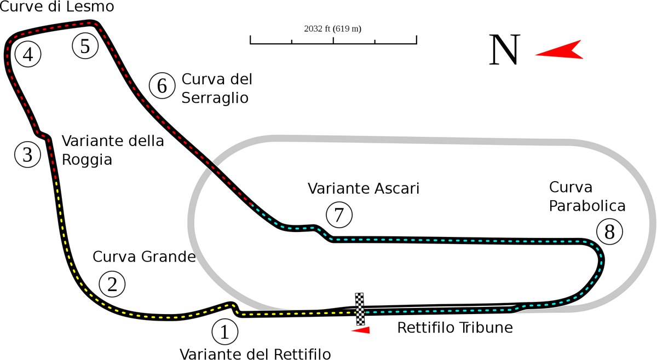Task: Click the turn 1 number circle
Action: click(224, 332)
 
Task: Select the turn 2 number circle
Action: click(112, 284)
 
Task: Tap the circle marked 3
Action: click(28, 155)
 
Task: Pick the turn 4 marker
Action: click(28, 54)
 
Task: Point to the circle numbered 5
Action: click(85, 45)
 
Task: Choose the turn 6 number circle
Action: click(162, 86)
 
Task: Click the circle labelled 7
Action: click(339, 215)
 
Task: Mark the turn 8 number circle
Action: click(609, 233)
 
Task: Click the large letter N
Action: click(504, 50)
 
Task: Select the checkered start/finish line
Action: click(360, 310)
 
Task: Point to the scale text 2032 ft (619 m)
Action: click(333, 28)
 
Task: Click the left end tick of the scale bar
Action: click(250, 39)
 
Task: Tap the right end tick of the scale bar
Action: click(418, 39)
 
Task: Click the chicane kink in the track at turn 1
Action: click(234, 307)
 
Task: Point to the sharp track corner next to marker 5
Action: click(97, 24)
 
